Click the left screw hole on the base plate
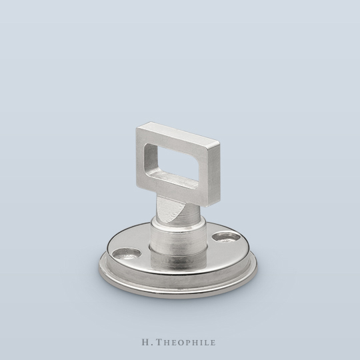tap(127, 253)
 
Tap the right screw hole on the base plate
tap(225, 237)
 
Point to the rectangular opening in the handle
tap(171, 161)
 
